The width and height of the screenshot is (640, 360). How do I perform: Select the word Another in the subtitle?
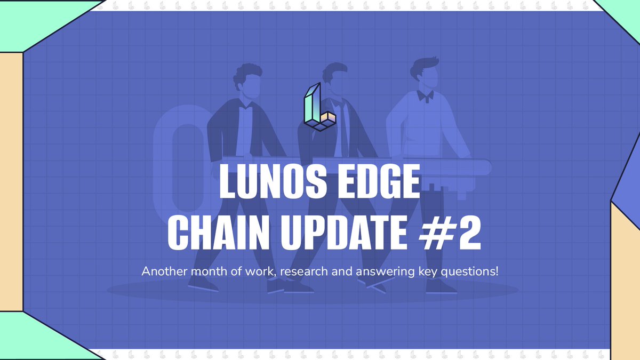(x=161, y=271)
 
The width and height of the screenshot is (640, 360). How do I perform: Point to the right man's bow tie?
(x=425, y=96)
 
